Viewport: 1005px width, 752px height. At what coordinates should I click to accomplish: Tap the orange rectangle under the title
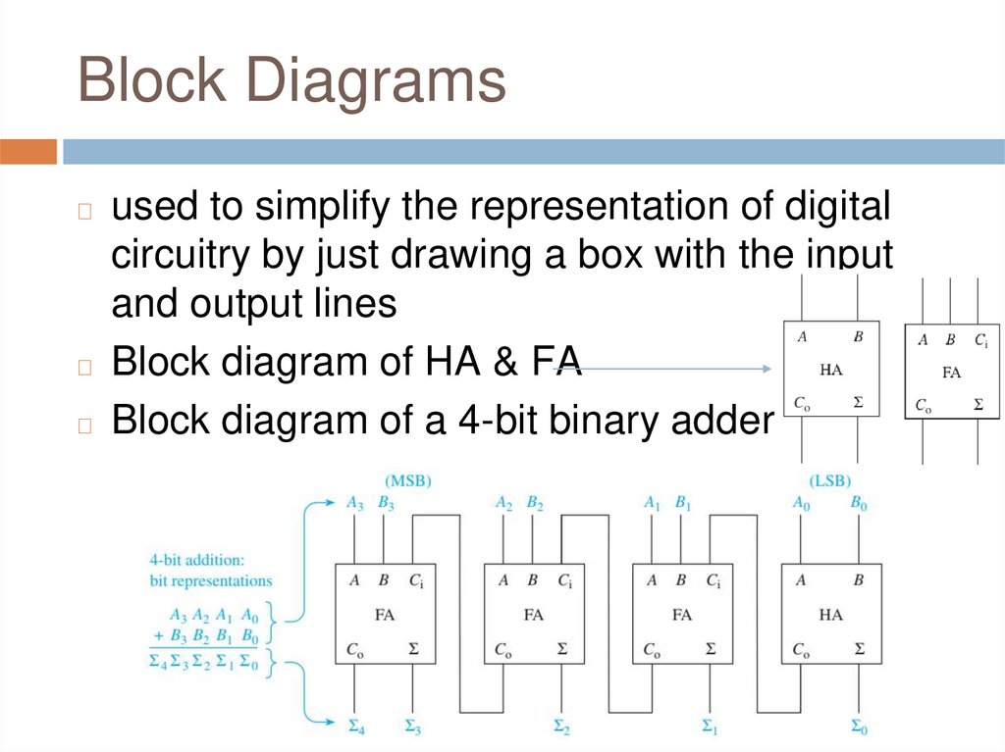[x=28, y=152]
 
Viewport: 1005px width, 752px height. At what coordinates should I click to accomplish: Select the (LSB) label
[x=829, y=481]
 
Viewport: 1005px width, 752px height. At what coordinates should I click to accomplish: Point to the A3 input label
[x=354, y=504]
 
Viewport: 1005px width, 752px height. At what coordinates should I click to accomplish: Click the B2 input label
[x=535, y=504]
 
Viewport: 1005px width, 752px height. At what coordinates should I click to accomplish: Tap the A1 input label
[x=652, y=504]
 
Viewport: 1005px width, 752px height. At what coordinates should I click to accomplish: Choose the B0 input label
[x=859, y=504]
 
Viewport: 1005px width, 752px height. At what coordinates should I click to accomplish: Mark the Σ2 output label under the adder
[x=560, y=727]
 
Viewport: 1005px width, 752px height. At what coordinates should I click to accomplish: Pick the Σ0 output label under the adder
[x=859, y=727]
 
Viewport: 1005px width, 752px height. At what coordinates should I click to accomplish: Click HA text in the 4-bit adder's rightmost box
[x=830, y=615]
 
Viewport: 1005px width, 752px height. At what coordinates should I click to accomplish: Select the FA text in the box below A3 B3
[x=385, y=615]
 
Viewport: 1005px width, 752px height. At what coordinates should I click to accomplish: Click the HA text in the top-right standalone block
[x=830, y=370]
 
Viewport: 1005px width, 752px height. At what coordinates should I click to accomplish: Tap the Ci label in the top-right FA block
[x=980, y=341]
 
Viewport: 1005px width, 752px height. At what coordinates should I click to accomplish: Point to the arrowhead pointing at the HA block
[x=768, y=369]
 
